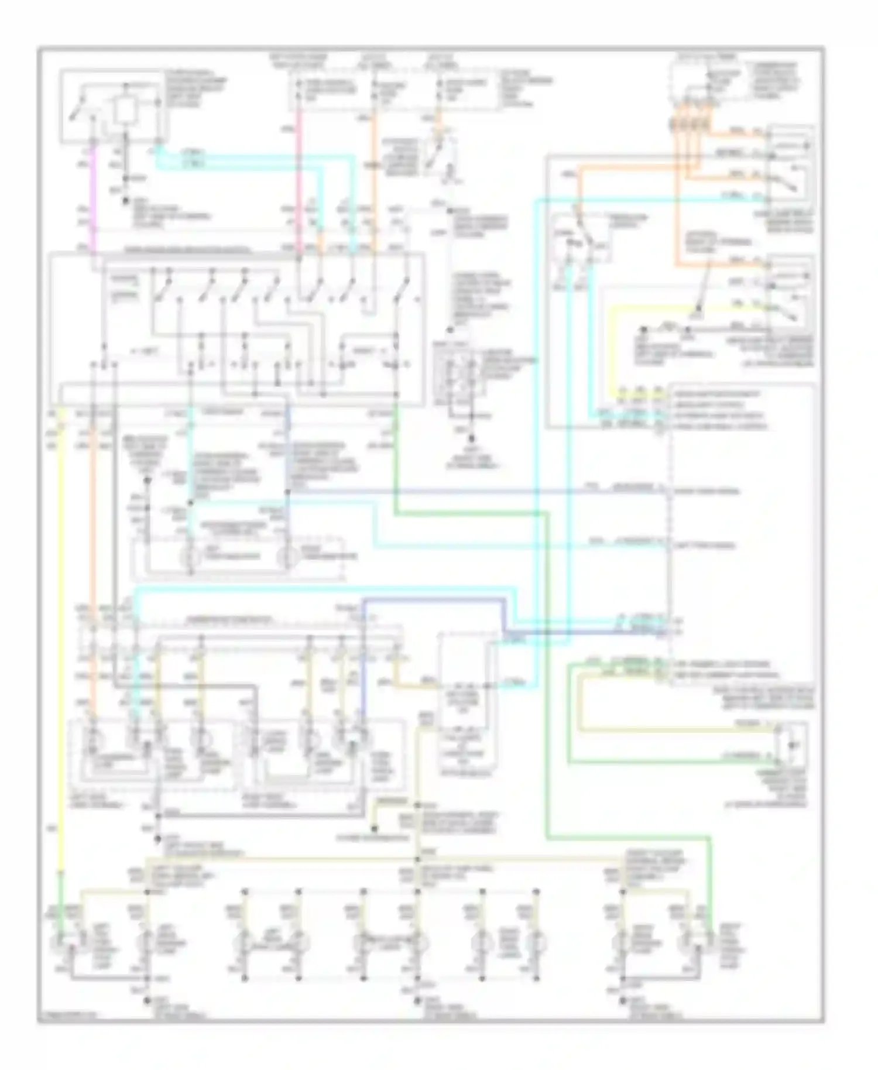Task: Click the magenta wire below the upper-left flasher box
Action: (92, 199)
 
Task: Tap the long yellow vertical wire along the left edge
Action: (61, 644)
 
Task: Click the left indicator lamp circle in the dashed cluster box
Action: (189, 557)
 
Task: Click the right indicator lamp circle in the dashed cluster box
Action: (287, 557)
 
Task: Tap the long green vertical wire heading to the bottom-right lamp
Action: (548, 673)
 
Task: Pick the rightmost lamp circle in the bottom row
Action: (688, 942)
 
